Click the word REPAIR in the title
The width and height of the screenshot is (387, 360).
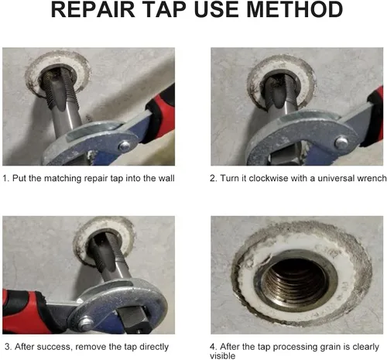pos(93,9)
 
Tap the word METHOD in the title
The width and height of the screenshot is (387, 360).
pos(295,9)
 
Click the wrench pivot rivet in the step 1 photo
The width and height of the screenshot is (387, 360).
pos(125,146)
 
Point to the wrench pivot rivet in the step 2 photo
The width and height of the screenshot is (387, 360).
pos(341,142)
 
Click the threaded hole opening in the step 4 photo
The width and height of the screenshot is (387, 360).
pos(295,280)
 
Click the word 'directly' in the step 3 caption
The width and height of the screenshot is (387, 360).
pos(154,347)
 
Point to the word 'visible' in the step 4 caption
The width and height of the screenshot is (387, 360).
pos(222,356)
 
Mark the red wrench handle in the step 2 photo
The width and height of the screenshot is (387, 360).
pos(375,116)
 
